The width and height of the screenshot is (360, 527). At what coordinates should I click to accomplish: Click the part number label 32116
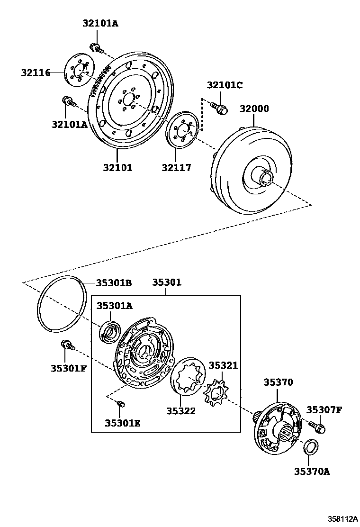[36, 73]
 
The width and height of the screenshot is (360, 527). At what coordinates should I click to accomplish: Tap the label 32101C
[224, 85]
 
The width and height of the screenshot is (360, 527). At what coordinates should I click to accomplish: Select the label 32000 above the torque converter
[253, 109]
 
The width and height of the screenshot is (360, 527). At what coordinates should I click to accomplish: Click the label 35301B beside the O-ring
[114, 283]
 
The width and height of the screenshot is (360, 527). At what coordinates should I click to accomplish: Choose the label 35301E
[122, 423]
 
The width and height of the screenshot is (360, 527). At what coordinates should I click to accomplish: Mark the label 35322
[180, 411]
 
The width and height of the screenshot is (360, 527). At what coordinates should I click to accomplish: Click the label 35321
[223, 365]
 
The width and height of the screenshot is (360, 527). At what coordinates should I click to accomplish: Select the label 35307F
[324, 409]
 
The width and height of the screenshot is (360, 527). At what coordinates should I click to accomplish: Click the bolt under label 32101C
[219, 108]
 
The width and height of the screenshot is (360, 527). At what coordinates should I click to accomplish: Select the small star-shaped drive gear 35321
[216, 393]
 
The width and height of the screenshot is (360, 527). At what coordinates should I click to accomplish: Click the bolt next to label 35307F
[317, 427]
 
